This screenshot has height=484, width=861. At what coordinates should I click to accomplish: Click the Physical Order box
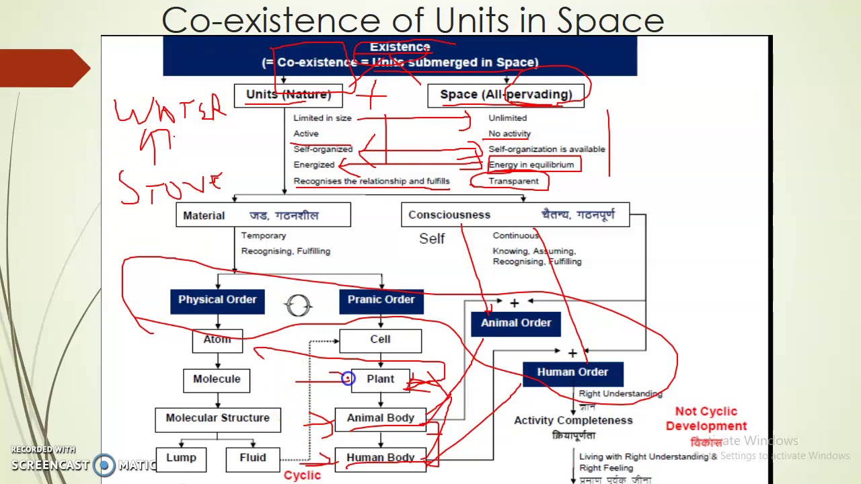217,300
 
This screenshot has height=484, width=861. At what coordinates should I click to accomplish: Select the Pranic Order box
381,300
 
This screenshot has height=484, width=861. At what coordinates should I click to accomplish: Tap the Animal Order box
516,323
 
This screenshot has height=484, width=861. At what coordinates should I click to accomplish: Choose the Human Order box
572,372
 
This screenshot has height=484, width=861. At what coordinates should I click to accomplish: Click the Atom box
217,339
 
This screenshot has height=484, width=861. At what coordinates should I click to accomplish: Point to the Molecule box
217,379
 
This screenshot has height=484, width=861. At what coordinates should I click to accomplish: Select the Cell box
380,339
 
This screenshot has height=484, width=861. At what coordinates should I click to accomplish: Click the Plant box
380,379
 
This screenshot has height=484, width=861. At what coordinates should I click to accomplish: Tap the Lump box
181,458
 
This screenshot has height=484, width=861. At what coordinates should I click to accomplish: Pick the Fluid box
253,458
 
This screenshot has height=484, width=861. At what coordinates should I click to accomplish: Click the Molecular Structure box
217,418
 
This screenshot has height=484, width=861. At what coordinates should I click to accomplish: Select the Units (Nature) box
289,95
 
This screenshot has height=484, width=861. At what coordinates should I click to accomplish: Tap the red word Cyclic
302,475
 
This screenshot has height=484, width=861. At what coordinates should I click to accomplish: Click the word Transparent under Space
513,181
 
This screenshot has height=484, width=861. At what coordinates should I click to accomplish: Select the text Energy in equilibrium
531,165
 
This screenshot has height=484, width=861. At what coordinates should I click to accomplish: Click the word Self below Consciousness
432,239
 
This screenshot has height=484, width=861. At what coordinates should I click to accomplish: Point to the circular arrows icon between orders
298,305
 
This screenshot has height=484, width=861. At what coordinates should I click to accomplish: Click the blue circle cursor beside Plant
348,379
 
